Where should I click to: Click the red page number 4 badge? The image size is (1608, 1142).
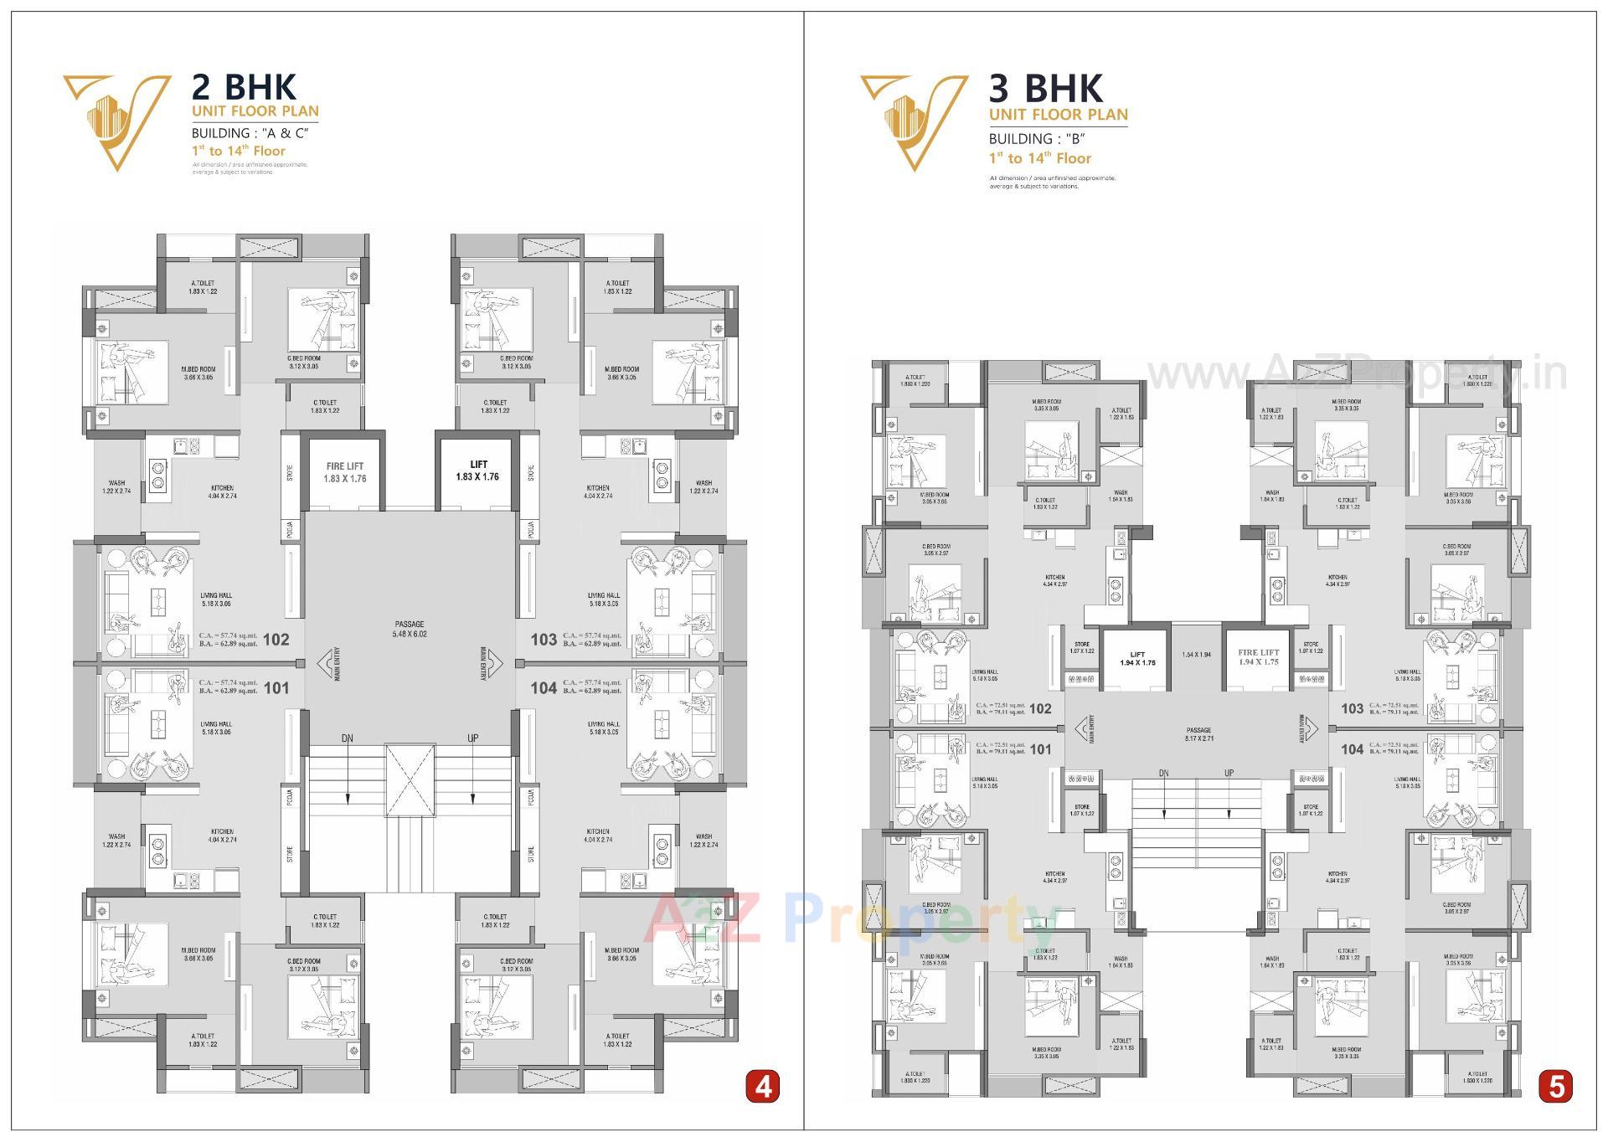(762, 1087)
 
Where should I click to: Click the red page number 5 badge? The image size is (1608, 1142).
(1556, 1087)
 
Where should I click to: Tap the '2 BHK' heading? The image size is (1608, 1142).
(244, 87)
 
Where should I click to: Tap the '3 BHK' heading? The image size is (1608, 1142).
(1046, 88)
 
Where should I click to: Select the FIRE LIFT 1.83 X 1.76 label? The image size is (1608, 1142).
(344, 472)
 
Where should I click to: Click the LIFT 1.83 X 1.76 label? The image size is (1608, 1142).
(478, 471)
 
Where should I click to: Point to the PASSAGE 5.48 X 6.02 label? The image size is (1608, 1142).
(410, 629)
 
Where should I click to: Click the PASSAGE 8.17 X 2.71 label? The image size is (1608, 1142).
(1198, 734)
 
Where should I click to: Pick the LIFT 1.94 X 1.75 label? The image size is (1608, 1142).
(1136, 658)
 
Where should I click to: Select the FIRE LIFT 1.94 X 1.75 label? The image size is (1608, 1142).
(1259, 656)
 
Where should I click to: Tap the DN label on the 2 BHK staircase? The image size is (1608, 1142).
(347, 738)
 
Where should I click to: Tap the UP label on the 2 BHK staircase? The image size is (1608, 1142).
(473, 738)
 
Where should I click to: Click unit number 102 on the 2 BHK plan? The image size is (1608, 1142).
(276, 640)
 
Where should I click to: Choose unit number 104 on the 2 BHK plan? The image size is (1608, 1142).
(544, 687)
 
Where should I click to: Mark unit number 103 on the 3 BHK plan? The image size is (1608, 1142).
(1352, 708)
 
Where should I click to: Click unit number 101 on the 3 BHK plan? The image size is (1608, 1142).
(1040, 749)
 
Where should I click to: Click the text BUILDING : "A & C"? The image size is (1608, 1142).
(250, 133)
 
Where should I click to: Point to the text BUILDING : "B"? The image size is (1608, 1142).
(1038, 139)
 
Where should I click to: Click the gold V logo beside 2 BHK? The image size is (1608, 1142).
(115, 119)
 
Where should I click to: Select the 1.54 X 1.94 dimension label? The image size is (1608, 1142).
(1196, 655)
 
